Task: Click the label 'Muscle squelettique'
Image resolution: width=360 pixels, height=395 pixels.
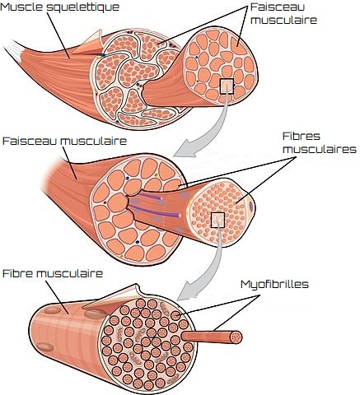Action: (x=60, y=7)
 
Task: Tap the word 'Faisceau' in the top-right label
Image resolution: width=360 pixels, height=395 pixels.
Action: (x=278, y=7)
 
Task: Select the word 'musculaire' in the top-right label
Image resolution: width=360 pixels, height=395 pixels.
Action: (x=284, y=20)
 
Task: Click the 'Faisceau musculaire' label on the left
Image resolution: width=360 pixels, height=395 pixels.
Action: (x=64, y=141)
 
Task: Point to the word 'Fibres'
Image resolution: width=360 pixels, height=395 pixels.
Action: (x=302, y=136)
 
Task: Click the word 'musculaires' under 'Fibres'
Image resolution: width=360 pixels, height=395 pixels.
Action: (x=320, y=149)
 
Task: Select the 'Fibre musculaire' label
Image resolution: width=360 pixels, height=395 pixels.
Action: (x=53, y=273)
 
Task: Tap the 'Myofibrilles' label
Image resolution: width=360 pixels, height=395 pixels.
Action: (x=274, y=285)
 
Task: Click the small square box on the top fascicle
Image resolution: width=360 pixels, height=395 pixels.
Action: (x=227, y=86)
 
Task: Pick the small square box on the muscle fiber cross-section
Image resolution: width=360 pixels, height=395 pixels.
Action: (x=217, y=220)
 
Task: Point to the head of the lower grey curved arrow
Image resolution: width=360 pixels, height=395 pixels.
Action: (x=187, y=290)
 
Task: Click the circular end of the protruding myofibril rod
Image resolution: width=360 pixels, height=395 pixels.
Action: (x=236, y=337)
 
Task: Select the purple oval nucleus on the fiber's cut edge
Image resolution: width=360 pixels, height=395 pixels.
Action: (x=251, y=206)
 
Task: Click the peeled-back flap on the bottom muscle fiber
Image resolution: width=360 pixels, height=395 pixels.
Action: (x=115, y=295)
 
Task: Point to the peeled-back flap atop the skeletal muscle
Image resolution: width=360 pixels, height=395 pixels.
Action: (x=89, y=43)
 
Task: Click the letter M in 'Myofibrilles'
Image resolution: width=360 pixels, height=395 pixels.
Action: (x=245, y=285)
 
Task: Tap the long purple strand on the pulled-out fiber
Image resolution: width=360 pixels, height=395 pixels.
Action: (x=157, y=211)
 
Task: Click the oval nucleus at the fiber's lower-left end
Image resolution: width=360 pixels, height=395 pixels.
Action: (x=45, y=347)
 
